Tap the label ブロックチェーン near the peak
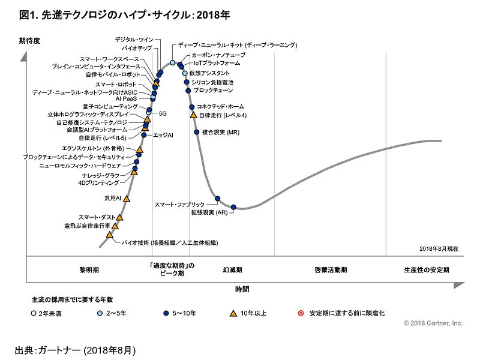click(212, 91)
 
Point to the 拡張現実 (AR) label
click(209, 212)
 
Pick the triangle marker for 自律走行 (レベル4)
click(193, 115)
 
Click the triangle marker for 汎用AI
click(127, 197)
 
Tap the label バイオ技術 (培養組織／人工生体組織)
click(170, 243)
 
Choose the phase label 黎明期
click(89, 270)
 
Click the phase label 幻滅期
click(232, 270)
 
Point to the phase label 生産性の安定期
click(427, 270)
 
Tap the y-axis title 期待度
click(29, 40)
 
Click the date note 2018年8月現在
click(439, 248)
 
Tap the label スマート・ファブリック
click(179, 205)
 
